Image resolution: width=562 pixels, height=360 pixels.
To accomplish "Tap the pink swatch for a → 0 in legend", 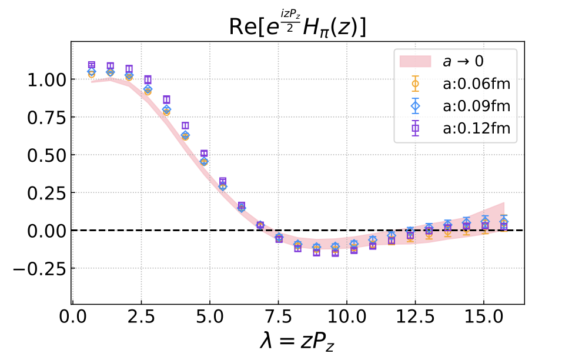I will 416,62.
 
